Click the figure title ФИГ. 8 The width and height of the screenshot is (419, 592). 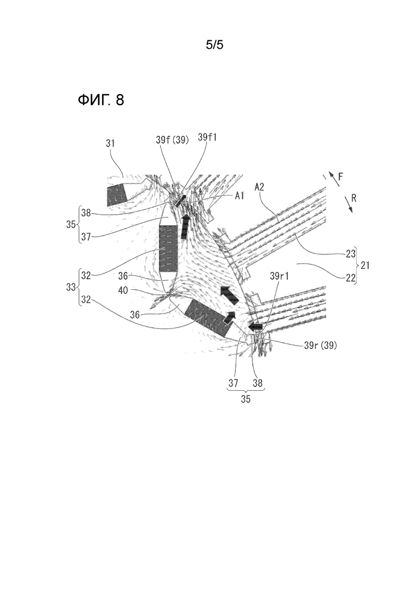pyautogui.click(x=101, y=100)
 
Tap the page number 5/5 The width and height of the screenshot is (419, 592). pyautogui.click(x=214, y=45)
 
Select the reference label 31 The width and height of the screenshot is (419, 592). pyautogui.click(x=110, y=143)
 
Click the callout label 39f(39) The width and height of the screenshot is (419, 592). pyautogui.click(x=172, y=140)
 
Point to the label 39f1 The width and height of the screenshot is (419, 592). pyautogui.click(x=207, y=137)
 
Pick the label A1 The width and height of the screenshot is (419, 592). pyautogui.click(x=240, y=195)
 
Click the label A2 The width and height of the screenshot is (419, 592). pyautogui.click(x=259, y=186)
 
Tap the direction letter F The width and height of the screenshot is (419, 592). pyautogui.click(x=341, y=177)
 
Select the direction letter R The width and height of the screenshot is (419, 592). pyautogui.click(x=353, y=198)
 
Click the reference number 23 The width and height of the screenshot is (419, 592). pyautogui.click(x=351, y=254)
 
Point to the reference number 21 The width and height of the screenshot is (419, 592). pyautogui.click(x=365, y=266)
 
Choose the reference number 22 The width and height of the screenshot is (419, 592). pyautogui.click(x=351, y=277)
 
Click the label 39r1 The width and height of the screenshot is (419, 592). pyautogui.click(x=279, y=276)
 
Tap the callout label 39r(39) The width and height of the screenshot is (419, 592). pyautogui.click(x=320, y=345)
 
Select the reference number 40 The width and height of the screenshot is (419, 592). pyautogui.click(x=123, y=290)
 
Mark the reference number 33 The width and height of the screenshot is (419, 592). pyautogui.click(x=71, y=287)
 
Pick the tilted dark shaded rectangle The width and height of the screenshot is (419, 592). pyautogui.click(x=207, y=318)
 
